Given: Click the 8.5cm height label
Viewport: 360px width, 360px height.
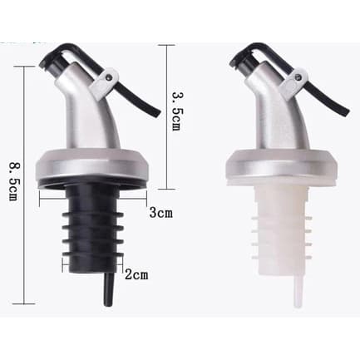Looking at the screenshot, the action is (13, 181).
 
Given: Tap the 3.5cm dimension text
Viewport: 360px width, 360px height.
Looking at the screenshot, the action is (176, 111).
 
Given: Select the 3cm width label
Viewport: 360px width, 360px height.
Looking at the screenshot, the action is (160, 213).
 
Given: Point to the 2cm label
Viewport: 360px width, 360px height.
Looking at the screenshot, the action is (136, 274).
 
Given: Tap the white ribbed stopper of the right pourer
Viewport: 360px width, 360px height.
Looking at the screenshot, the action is (282, 230).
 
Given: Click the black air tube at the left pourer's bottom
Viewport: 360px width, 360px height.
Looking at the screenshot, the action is (108, 289).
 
